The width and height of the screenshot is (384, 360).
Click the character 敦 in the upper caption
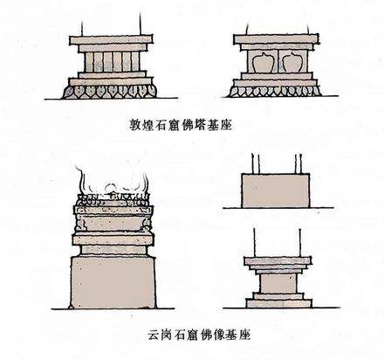[134, 125]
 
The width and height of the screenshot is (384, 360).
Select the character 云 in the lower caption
[154, 335]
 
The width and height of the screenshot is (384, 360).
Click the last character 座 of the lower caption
[244, 335]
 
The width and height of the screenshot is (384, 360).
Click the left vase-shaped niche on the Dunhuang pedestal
[262, 63]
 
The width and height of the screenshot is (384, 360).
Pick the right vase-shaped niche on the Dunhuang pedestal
[291, 63]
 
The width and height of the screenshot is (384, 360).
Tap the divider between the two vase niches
[277, 61]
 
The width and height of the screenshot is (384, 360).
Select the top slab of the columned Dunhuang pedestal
[111, 40]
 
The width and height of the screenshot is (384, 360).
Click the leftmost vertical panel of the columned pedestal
[88, 62]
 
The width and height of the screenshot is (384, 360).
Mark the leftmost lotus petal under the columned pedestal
[69, 92]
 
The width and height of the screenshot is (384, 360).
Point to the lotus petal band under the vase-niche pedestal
[274, 91]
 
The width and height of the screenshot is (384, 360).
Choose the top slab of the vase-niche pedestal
[276, 39]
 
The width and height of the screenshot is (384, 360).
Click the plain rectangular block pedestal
[276, 190]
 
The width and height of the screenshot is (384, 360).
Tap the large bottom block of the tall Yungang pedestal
[113, 282]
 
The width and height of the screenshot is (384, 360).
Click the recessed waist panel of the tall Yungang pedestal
[113, 224]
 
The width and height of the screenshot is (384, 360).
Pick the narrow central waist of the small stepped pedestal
[278, 283]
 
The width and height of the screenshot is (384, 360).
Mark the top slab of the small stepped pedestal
[278, 261]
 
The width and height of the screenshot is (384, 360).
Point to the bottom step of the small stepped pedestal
[279, 303]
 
